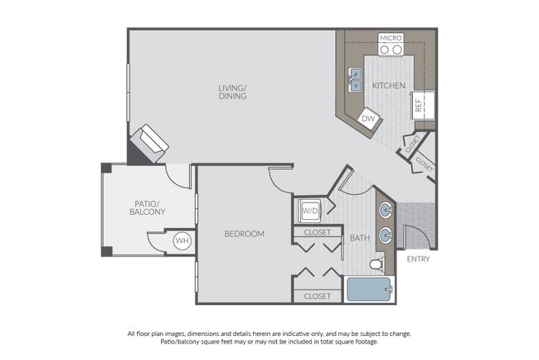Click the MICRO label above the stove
coord(390,38)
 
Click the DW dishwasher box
coord(368,120)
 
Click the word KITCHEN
coord(388,86)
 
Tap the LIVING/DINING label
coord(232,91)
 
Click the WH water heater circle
coord(182,241)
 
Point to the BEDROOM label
coord(244,234)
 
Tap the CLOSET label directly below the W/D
coord(318,233)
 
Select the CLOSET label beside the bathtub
coord(317,296)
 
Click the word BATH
coord(359,238)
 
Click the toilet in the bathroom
coord(375,265)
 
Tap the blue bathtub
coord(370,289)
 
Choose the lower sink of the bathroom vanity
coord(386,235)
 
